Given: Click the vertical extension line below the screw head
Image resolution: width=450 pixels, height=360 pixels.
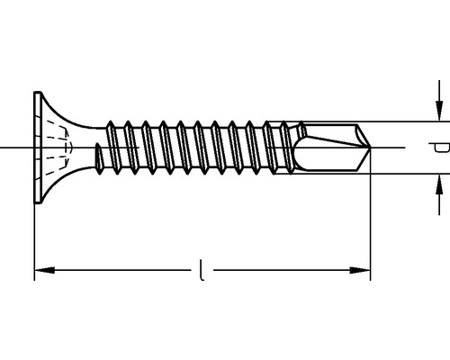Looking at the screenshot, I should point(34,243).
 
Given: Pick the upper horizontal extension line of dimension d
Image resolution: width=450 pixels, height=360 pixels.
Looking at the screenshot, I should point(405,121).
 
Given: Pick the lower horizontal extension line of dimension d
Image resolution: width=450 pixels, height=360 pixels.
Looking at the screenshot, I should point(405,174).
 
